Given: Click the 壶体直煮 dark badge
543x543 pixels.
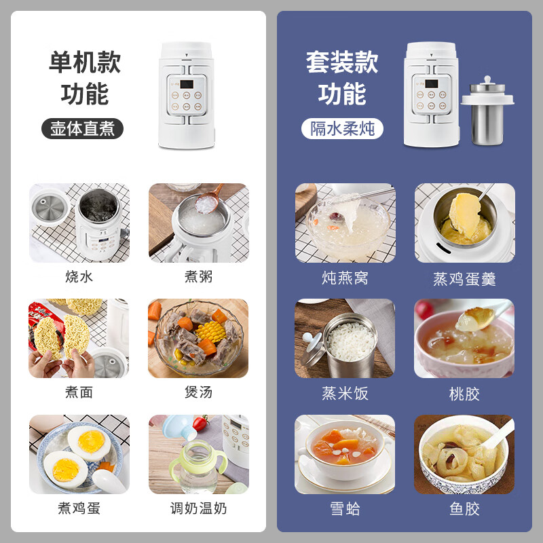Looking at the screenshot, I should [83, 128].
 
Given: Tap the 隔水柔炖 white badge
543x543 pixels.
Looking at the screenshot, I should [343, 128].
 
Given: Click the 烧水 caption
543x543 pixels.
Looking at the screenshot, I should [79, 277].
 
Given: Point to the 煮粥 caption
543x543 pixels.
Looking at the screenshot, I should [198, 277].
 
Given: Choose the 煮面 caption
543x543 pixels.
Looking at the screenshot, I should [79, 392].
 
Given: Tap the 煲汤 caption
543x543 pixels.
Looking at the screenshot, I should [198, 392].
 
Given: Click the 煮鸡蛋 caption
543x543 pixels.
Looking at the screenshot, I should [79, 508].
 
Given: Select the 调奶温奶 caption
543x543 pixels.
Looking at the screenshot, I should [198, 508].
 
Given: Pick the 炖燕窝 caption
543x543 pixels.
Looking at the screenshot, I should [345, 278].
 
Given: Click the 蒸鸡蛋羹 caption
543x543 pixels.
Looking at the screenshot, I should [464, 278].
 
